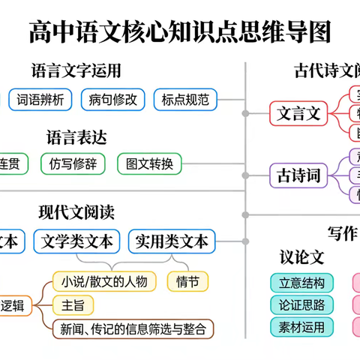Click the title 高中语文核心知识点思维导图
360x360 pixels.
coord(180,31)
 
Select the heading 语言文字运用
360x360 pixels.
coord(76,71)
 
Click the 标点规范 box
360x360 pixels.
coord(184,99)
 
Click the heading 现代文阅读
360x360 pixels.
coord(76,213)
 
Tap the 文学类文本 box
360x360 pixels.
coord(78,241)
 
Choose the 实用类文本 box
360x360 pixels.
coord(172,241)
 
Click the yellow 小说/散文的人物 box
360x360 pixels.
coord(105,282)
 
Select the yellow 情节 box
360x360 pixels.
coord(187,282)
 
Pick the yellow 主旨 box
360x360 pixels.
coord(73,305)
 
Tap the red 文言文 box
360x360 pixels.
coord(298,114)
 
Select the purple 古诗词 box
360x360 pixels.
coord(298,175)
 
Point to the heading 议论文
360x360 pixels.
coord(301,257)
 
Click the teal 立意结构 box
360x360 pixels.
coord(301,282)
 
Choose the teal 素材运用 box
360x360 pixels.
coord(301,327)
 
